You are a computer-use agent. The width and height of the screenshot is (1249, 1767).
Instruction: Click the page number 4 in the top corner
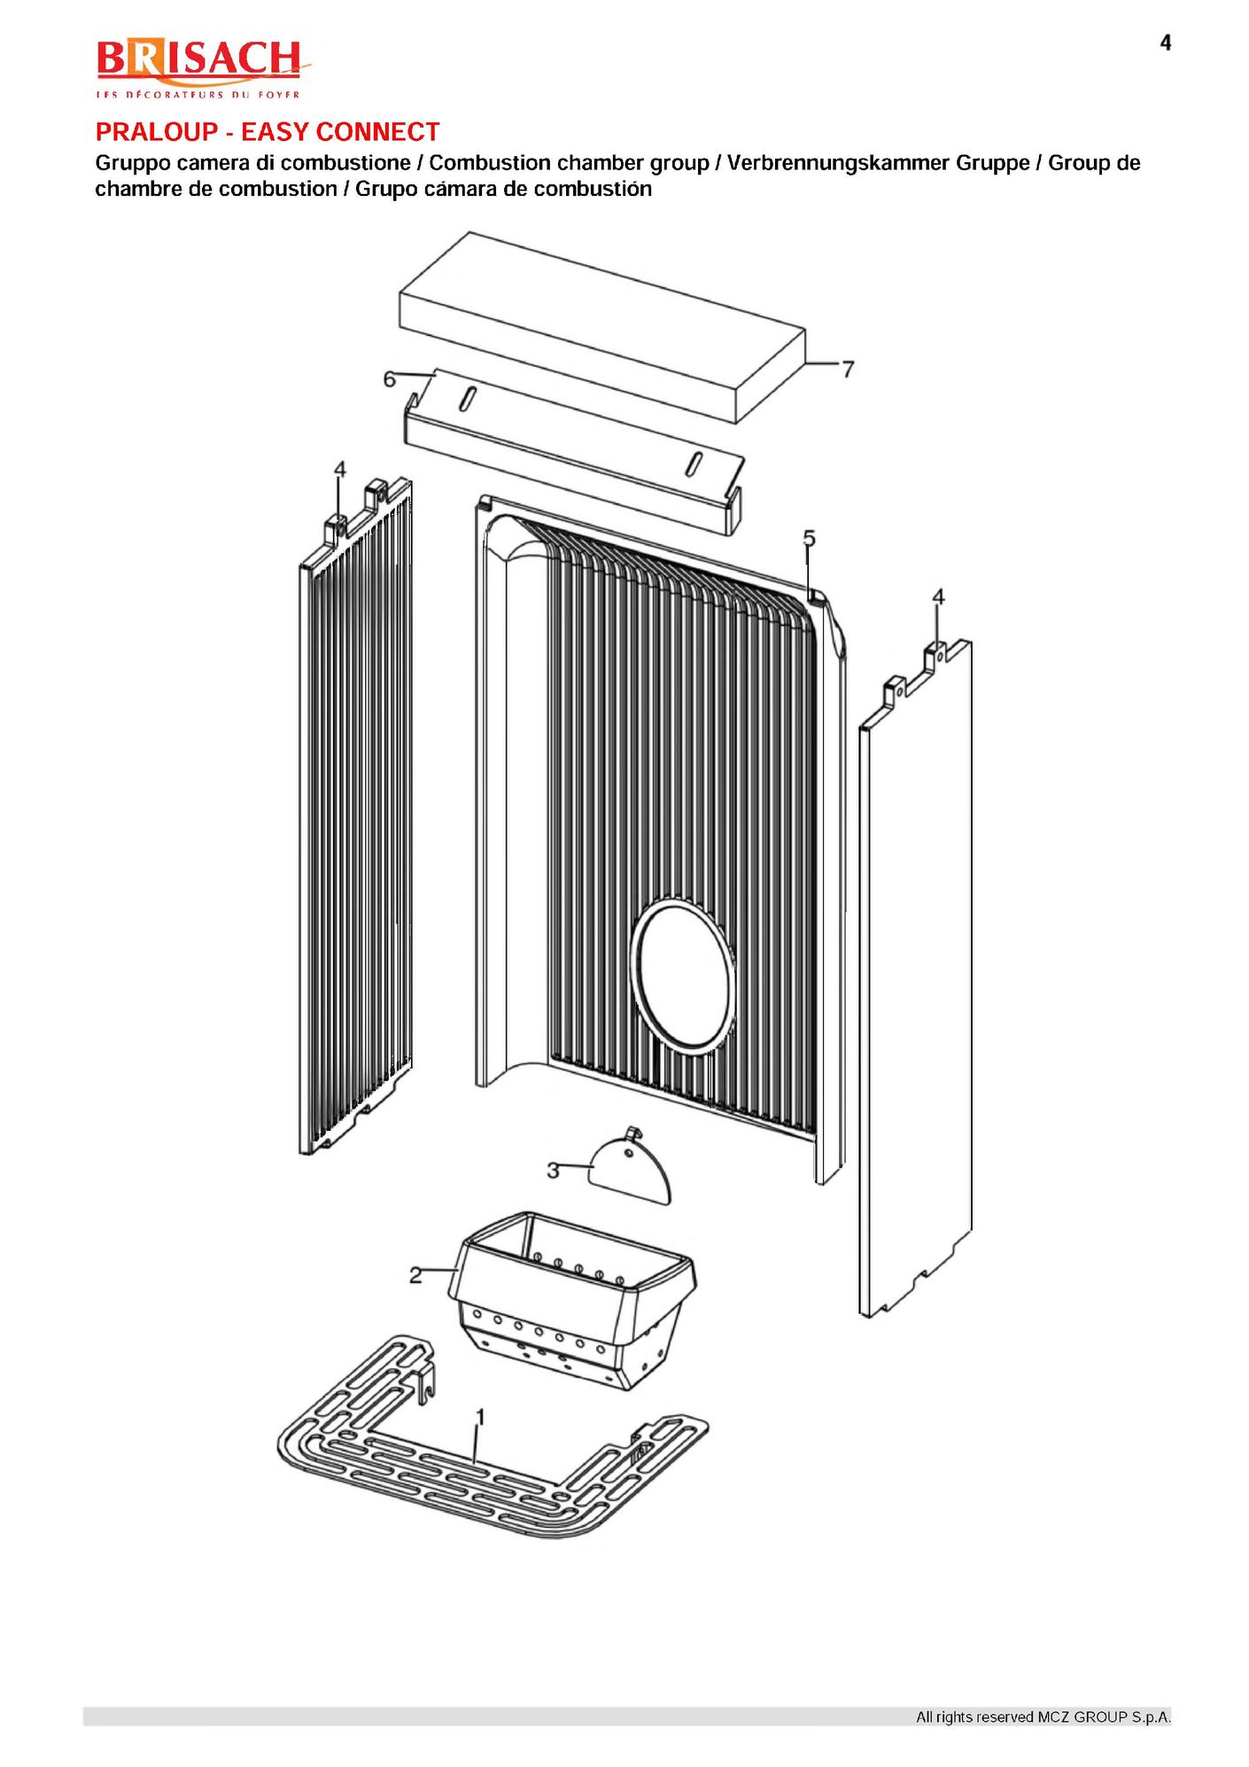1166,43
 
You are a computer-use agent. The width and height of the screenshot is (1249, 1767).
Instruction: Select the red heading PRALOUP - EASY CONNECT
268,132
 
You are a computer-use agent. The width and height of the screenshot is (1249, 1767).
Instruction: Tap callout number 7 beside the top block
848,369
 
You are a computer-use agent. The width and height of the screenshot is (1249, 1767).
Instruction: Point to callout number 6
390,379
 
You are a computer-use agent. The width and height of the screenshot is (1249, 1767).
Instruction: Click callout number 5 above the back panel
809,538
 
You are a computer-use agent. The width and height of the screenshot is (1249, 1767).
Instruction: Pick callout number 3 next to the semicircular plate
553,1171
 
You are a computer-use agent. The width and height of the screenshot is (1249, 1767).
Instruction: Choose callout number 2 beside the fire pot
415,1275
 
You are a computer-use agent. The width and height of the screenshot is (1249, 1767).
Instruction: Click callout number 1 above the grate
480,1417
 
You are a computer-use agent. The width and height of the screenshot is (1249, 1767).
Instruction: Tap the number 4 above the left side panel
340,469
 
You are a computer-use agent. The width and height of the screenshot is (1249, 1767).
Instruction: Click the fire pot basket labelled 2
577,1299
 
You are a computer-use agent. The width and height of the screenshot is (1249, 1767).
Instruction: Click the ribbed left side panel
356,815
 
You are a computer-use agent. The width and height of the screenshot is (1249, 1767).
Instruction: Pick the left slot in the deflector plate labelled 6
467,398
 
